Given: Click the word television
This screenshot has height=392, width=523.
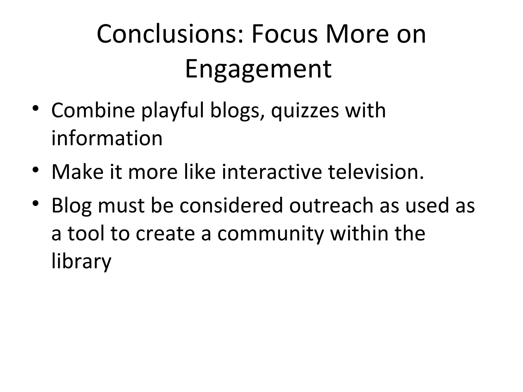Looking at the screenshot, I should coord(376,172).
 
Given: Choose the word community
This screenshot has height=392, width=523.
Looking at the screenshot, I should coord(271,234).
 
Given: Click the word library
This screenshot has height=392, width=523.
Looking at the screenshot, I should coord(81,262).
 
